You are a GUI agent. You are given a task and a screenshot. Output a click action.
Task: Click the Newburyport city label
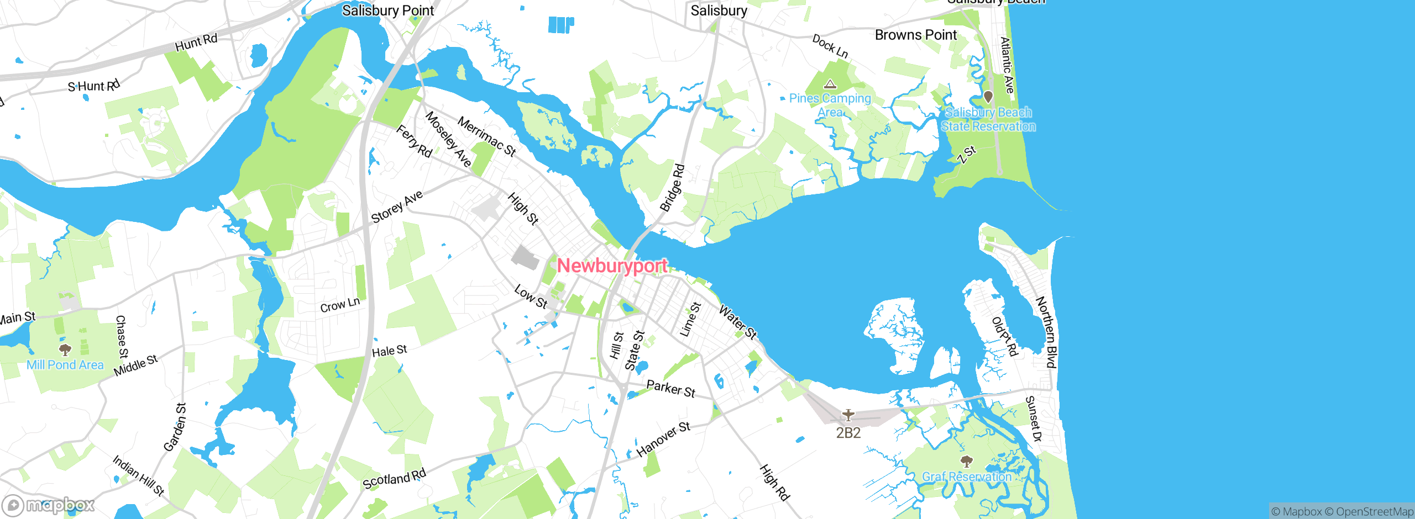click(x=612, y=266)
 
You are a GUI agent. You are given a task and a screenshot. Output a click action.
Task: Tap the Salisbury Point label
click(x=388, y=10)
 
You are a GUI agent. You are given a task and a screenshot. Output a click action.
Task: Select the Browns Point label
click(x=915, y=35)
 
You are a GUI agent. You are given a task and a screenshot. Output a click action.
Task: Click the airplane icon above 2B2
click(x=848, y=414)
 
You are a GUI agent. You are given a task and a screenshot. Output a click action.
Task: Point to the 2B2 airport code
click(x=848, y=433)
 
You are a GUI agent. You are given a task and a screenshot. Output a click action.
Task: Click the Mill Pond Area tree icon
click(x=65, y=349)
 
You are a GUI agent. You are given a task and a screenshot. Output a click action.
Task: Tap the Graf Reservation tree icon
click(x=966, y=461)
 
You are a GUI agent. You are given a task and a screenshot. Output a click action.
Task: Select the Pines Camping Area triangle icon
click(x=830, y=84)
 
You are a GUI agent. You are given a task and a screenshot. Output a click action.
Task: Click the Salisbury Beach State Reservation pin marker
click(x=988, y=97)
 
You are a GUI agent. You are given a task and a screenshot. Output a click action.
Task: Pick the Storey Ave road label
click(x=397, y=206)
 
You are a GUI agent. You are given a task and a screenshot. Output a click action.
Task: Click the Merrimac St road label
click(x=487, y=136)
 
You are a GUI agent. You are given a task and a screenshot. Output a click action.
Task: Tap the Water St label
click(x=737, y=321)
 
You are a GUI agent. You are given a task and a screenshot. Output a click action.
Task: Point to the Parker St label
click(x=670, y=389)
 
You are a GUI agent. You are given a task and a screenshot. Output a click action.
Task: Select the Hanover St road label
click(x=663, y=439)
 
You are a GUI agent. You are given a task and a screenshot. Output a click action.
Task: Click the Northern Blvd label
click(x=1046, y=332)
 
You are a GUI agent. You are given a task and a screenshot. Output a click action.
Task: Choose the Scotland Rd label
click(x=394, y=479)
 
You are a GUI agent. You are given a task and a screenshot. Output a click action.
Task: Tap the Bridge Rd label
click(x=672, y=188)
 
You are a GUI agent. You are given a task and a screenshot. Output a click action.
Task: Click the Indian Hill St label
click(x=138, y=475)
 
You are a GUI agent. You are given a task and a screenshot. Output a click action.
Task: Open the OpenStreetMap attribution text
click(x=1374, y=512)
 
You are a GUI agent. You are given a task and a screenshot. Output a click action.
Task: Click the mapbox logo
click(x=49, y=505)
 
